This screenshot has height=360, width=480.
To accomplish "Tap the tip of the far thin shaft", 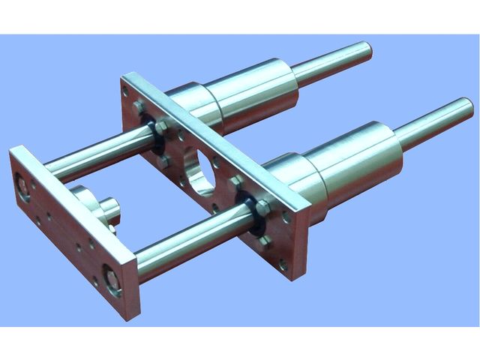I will [366, 50].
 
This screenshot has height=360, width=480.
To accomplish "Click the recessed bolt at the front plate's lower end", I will [112, 281].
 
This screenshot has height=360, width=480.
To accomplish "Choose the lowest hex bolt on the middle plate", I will [265, 241].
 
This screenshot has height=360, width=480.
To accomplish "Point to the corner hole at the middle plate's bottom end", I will [283, 264].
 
